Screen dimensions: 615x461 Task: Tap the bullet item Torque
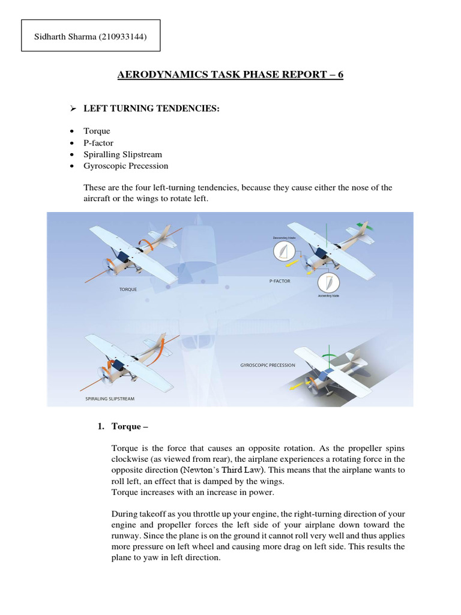97,131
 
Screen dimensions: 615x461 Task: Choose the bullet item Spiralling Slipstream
123,154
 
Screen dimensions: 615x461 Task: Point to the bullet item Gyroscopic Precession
126,166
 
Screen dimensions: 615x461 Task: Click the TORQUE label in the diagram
128,289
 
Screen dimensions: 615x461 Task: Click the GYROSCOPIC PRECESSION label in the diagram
263,365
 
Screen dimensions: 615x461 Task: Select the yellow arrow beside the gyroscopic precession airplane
296,387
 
